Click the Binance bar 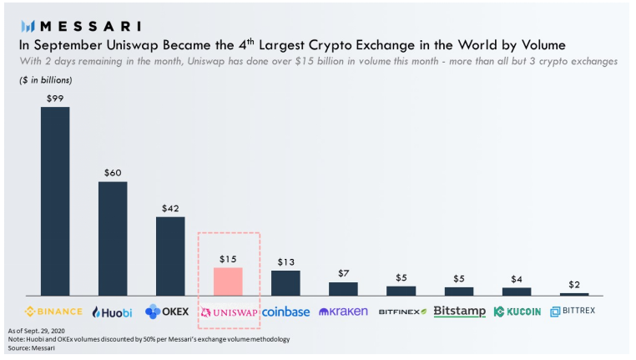point(55,200)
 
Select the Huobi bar point(113,238)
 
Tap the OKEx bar point(170,256)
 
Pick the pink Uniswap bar point(228,281)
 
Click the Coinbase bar point(285,282)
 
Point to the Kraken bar point(343,288)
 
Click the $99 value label point(55,99)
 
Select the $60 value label point(113,173)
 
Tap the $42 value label point(170,208)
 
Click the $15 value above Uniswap point(228,259)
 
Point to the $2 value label point(574,284)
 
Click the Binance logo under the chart point(54,312)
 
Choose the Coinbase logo point(285,312)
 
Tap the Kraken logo point(343,312)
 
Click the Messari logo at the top point(80,26)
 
